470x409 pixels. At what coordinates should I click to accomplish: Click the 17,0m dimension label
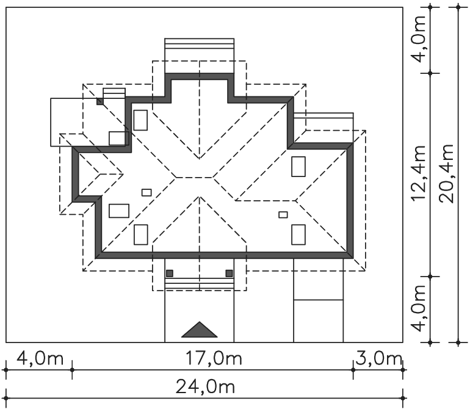click(x=214, y=358)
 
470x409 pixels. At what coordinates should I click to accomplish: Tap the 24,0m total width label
click(x=205, y=386)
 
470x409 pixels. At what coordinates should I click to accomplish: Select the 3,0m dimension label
click(x=378, y=358)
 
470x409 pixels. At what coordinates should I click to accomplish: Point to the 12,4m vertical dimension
click(x=419, y=173)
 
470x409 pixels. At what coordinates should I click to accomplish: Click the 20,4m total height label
click(x=447, y=173)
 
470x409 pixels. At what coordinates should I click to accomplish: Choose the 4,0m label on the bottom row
click(x=40, y=358)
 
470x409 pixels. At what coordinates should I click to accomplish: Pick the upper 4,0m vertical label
click(x=419, y=39)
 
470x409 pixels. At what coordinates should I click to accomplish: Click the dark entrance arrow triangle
click(x=200, y=330)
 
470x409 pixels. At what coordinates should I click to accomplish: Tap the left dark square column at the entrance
click(x=170, y=273)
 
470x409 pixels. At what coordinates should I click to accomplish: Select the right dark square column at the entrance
click(x=229, y=273)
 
